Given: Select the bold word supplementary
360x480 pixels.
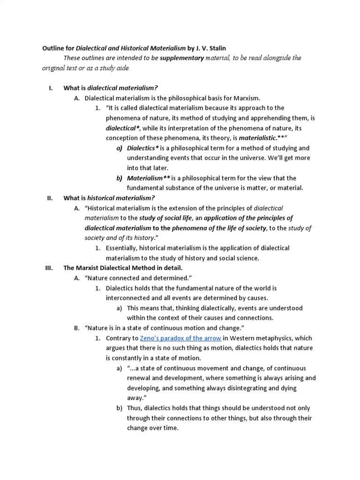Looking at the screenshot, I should pyautogui.click(x=181, y=58).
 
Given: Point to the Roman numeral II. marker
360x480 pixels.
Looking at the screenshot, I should pyautogui.click(x=50, y=198).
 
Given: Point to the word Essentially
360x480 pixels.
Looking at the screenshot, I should pyautogui.click(x=123, y=248).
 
